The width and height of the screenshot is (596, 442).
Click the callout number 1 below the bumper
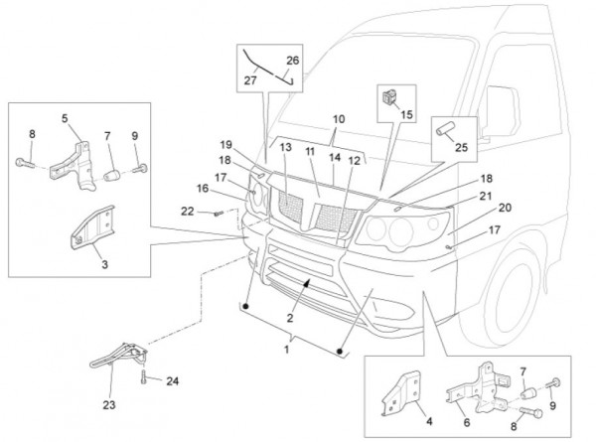point(288,349)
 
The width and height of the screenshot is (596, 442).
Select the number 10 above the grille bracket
point(339,119)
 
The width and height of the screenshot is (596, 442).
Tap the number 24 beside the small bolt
point(172,380)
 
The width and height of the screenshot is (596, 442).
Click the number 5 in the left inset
point(65,119)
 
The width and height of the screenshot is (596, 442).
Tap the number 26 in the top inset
point(292,59)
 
